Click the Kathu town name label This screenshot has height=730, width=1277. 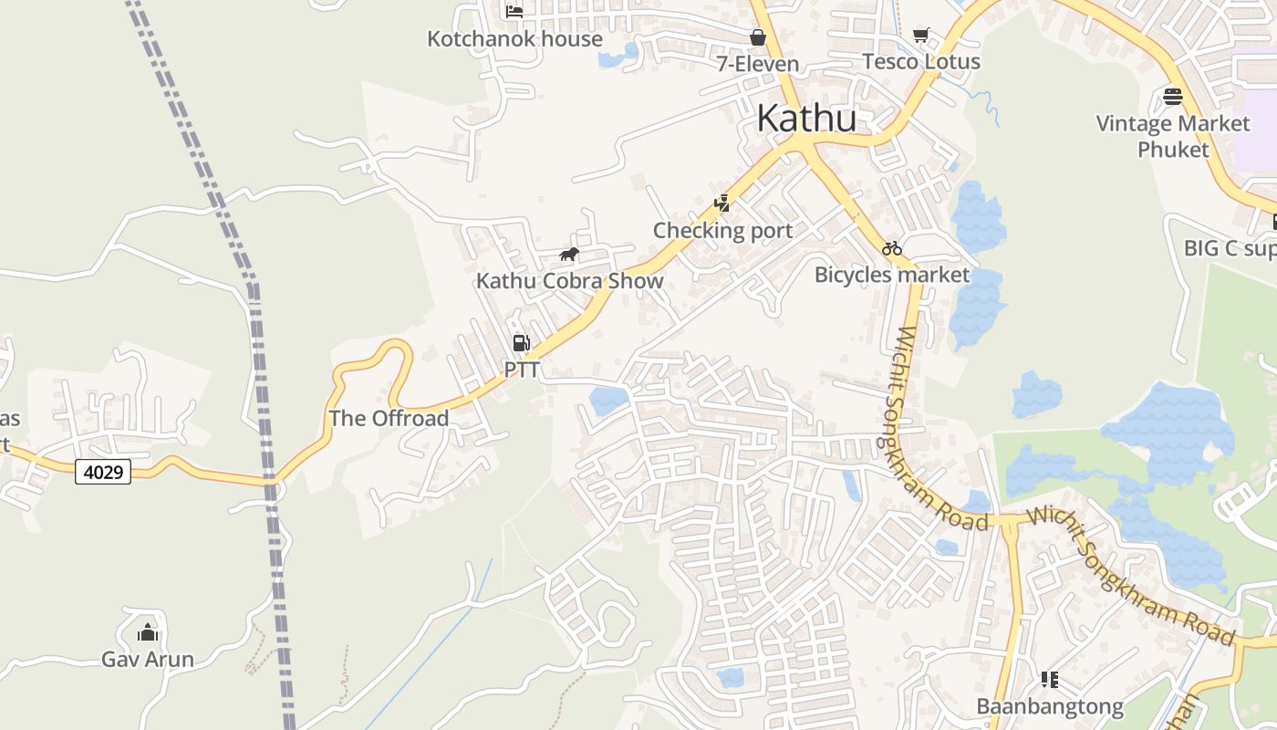806,119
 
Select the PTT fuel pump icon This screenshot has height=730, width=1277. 521,343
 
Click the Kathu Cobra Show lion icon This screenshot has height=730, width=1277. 569,254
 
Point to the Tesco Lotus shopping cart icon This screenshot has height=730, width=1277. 921,35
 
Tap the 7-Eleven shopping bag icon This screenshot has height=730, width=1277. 757,36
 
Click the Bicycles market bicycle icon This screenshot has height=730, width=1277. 891,247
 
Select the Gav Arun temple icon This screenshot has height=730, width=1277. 147,631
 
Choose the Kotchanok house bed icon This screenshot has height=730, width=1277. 514,11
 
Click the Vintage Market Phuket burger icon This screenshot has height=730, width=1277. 1173,96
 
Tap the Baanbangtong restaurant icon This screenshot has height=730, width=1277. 1049,679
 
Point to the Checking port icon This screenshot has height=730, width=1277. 722,203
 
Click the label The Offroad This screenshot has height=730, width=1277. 389,419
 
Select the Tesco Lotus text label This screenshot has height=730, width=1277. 921,62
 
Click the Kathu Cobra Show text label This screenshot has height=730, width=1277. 569,281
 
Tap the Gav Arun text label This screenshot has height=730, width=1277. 147,659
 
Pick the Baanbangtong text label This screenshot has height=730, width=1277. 1049,706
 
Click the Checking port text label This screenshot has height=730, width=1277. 722,231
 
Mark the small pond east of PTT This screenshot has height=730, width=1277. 608,400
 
